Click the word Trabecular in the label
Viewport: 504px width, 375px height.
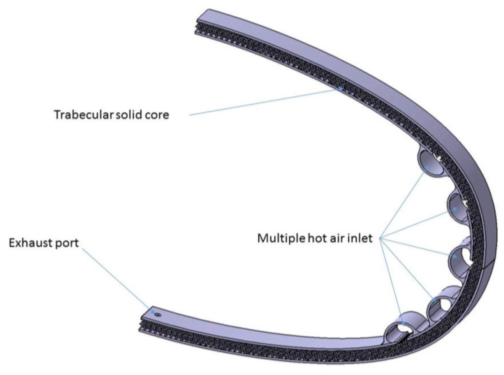pyautogui.click(x=83, y=114)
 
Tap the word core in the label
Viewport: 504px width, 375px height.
pyautogui.click(x=157, y=115)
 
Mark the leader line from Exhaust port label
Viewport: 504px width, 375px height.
pyautogui.click(x=115, y=277)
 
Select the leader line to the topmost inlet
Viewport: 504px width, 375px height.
pyautogui.click(x=405, y=202)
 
